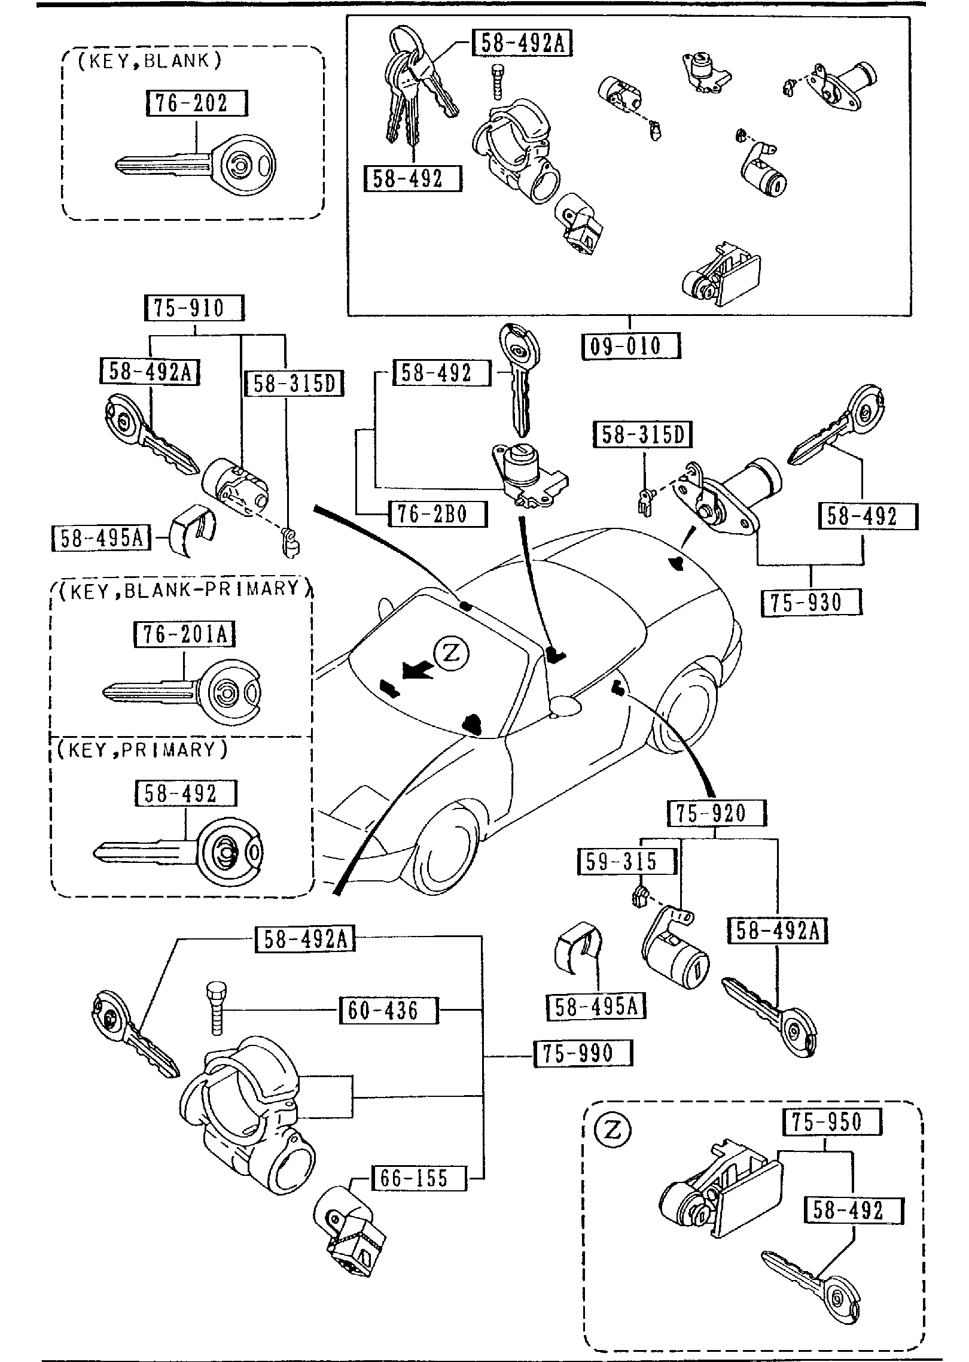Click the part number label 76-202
(x=196, y=103)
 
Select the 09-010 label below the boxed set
(x=631, y=346)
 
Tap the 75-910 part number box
(x=195, y=308)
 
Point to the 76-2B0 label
(x=437, y=514)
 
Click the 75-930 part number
(x=811, y=602)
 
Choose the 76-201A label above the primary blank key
(x=184, y=634)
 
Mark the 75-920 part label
(x=716, y=813)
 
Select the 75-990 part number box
(x=582, y=1053)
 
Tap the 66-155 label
(x=418, y=1178)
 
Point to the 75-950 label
(x=831, y=1122)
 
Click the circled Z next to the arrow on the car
(x=452, y=653)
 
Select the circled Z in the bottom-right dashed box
(x=613, y=1130)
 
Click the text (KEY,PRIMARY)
(x=142, y=750)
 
